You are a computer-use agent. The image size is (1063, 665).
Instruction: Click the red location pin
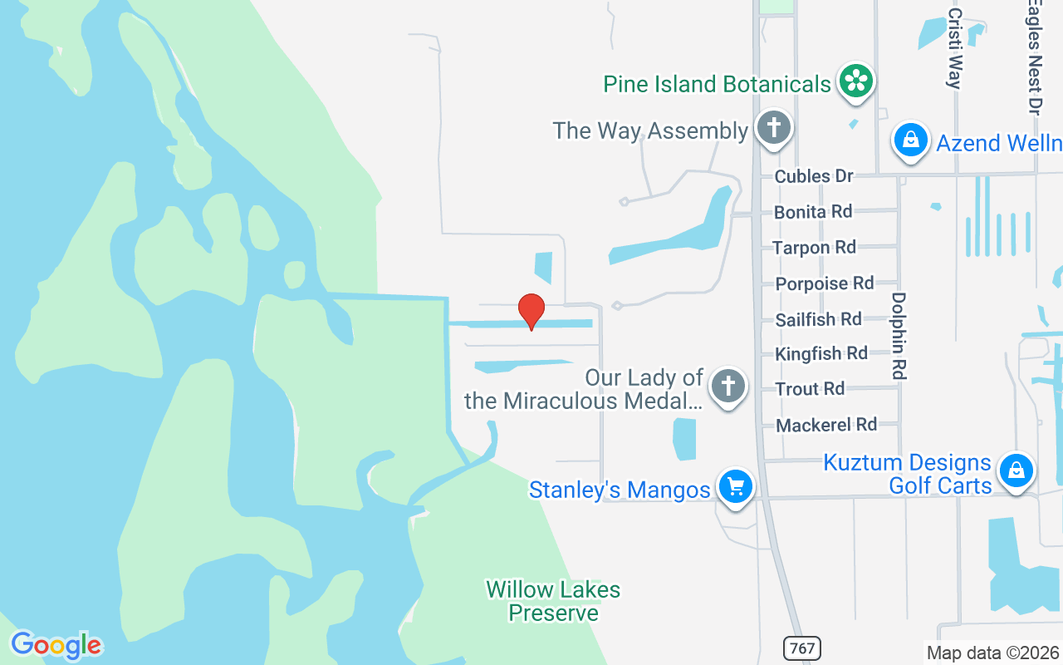pos(531,311)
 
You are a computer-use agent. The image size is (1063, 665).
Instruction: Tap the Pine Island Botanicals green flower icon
pos(855,81)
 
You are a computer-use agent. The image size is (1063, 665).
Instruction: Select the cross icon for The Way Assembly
pos(774,129)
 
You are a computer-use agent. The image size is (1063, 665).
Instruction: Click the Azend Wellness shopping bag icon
pos(911,140)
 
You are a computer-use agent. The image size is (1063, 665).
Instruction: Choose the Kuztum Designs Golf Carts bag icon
pos(1016,470)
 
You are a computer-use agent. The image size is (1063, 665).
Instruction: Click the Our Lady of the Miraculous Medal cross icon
pos(728,386)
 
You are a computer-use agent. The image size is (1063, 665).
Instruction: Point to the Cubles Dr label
pos(814,176)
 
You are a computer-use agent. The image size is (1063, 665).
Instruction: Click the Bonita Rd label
pos(813,212)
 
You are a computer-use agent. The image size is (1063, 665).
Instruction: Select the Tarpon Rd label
pos(814,248)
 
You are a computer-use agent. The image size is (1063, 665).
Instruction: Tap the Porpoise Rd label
pos(825,283)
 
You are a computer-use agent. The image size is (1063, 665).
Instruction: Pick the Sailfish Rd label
pos(818,319)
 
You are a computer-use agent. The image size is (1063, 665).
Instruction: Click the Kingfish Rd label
pos(821,354)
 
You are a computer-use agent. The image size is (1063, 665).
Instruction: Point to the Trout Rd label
pos(810,389)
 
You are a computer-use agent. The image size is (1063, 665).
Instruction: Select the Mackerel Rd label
pos(826,425)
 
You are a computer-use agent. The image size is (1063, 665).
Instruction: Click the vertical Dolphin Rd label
pos(899,336)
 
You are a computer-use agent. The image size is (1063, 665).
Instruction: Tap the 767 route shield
pos(802,648)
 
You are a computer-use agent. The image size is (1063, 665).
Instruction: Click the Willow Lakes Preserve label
pos(553,601)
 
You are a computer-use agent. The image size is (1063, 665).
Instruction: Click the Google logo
pos(56,645)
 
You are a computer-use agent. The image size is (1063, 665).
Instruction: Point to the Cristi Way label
pos(954,48)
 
